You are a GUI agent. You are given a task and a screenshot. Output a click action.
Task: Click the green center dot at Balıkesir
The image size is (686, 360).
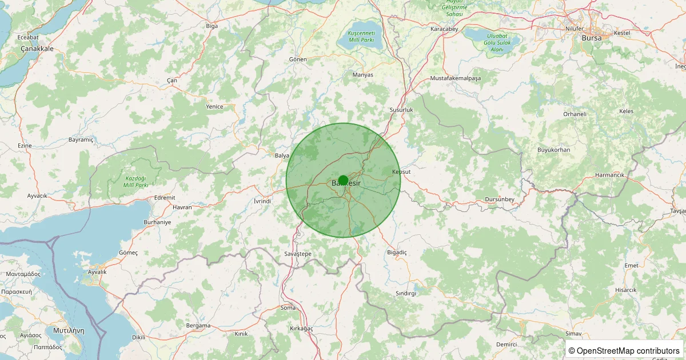click(x=343, y=181)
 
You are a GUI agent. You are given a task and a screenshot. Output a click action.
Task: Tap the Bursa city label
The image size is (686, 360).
click(x=591, y=38)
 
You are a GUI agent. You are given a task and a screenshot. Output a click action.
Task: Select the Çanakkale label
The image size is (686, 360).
click(x=37, y=49)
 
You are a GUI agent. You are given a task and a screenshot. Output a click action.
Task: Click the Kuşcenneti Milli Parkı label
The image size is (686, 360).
click(x=361, y=37)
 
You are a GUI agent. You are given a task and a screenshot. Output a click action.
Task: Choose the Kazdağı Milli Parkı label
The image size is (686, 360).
click(x=137, y=182)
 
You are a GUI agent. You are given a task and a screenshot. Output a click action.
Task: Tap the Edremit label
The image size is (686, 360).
click(x=165, y=198)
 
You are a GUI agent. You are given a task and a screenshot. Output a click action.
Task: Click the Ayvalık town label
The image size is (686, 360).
click(x=97, y=272)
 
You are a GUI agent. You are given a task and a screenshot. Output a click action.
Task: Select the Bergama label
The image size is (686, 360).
click(x=198, y=326)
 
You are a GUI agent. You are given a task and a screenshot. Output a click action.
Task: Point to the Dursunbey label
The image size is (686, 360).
click(x=500, y=199)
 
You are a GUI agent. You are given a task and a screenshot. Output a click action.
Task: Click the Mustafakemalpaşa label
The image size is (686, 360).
click(x=456, y=78)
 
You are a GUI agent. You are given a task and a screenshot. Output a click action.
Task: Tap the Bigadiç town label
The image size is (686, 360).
click(x=397, y=252)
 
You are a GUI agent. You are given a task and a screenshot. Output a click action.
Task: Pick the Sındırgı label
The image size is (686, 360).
click(x=406, y=293)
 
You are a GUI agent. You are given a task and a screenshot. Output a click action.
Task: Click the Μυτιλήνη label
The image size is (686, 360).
click(x=68, y=330)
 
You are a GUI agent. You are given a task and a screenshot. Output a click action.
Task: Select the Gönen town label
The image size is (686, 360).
click(x=298, y=59)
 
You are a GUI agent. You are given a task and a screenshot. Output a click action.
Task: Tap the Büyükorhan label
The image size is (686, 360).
click(x=553, y=150)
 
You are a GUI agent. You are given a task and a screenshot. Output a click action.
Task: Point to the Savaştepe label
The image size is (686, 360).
click(x=297, y=253)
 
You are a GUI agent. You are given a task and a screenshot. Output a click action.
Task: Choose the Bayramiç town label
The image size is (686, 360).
click(x=81, y=139)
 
